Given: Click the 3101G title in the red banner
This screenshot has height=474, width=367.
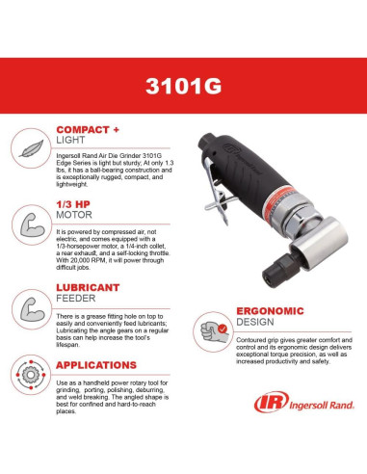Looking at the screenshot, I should [183, 84].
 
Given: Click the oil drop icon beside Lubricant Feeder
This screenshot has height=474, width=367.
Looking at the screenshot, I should [35, 302].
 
